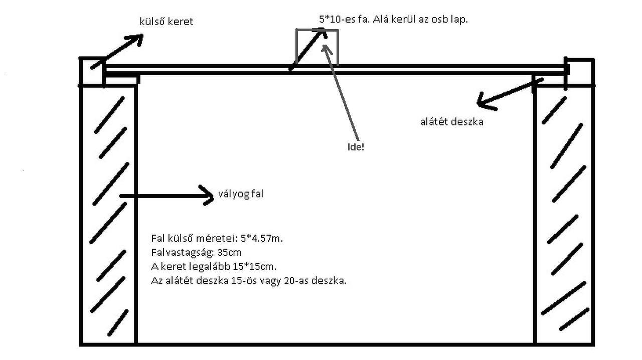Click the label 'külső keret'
pos(166,22)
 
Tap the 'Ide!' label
pos(355,147)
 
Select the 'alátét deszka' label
pos(451,121)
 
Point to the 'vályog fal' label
pos(240,194)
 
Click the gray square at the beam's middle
pos(317,47)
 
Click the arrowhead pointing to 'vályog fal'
pos(208,195)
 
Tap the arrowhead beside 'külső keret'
pos(136,39)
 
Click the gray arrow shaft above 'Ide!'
pos(343,95)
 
